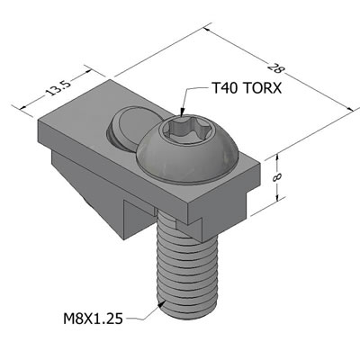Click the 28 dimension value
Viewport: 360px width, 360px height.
coord(275,68)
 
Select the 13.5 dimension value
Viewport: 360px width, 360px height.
coord(58,88)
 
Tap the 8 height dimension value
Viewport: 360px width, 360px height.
coord(275,177)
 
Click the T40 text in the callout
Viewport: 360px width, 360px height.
coord(224,88)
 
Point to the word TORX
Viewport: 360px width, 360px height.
coord(262,88)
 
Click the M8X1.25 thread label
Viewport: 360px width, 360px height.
coord(93,319)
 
